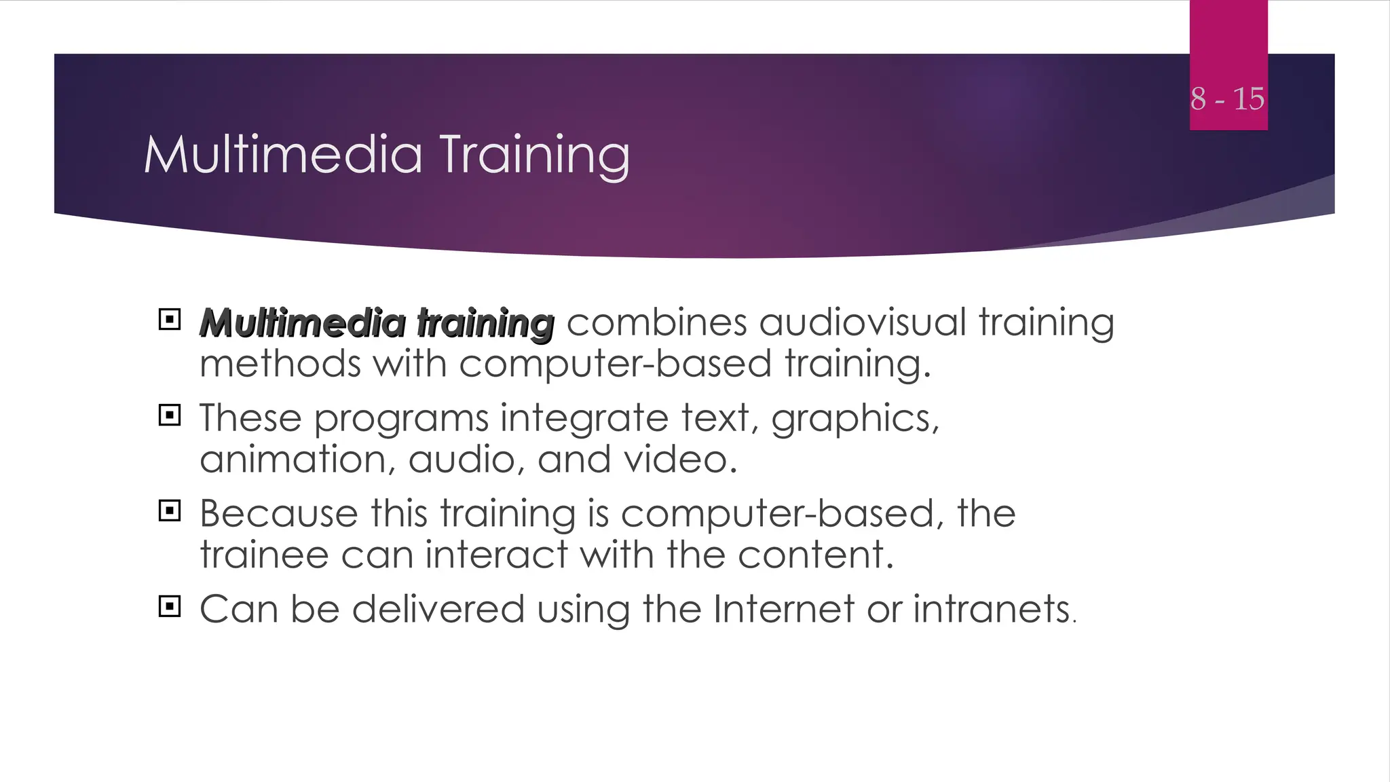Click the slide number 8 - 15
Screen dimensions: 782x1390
(1227, 99)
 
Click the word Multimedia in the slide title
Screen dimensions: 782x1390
(283, 155)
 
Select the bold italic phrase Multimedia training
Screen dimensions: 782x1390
(377, 322)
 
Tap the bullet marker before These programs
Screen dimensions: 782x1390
(170, 415)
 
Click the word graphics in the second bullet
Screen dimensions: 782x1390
(853, 419)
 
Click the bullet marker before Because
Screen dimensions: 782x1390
(170, 510)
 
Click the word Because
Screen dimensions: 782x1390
(278, 513)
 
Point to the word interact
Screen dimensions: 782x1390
(496, 555)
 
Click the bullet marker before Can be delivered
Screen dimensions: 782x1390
(170, 606)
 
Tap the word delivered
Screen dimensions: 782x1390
(438, 609)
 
